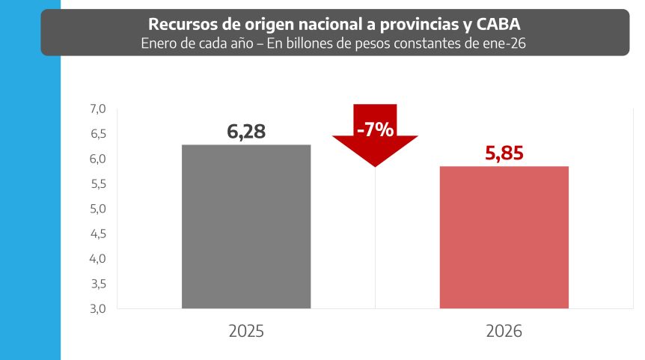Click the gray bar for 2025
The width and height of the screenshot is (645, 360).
[246, 226]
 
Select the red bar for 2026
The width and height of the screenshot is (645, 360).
[504, 237]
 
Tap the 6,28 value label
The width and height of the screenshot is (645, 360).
[246, 132]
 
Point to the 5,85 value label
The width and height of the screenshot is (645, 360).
[504, 154]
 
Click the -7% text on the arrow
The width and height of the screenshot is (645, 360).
[375, 129]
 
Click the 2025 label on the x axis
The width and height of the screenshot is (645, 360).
[246, 332]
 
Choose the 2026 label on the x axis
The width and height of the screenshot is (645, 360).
[504, 332]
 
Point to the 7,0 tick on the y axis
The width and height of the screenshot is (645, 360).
[98, 109]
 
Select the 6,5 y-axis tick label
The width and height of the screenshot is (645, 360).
[98, 134]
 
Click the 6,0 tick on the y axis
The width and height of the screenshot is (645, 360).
[98, 159]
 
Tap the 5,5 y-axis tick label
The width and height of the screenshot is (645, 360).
[98, 184]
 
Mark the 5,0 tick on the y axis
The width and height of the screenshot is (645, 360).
[98, 209]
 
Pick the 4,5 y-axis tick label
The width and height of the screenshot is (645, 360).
[98, 234]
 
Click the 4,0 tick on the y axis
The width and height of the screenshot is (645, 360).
[98, 259]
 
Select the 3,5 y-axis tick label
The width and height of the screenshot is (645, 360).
[98, 284]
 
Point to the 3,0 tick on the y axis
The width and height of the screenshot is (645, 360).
[98, 308]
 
